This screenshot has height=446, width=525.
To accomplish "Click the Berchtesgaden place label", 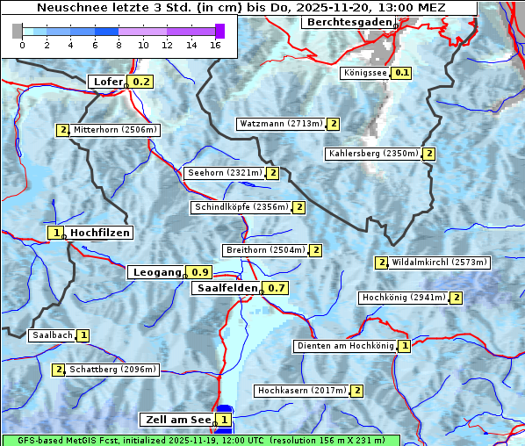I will (x=347, y=22).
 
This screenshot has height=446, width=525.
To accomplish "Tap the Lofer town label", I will (x=107, y=82).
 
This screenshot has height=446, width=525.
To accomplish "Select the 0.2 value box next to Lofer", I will (x=140, y=82).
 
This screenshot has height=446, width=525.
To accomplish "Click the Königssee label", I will (x=365, y=73).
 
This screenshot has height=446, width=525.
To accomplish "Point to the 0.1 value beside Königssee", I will (x=402, y=73).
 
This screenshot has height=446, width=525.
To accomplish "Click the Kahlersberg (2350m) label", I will (x=373, y=154).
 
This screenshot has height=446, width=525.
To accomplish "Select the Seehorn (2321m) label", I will (x=225, y=173).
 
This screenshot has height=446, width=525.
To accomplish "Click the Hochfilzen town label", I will (x=100, y=233).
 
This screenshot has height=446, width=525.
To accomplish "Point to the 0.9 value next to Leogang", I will (x=200, y=272).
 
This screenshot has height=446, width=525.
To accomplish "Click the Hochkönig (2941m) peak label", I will (x=404, y=298).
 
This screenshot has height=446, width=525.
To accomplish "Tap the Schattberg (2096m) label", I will (x=112, y=370).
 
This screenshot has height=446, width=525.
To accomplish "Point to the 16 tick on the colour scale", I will (x=216, y=45).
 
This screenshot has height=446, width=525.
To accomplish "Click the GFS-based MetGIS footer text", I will (x=200, y=440).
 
